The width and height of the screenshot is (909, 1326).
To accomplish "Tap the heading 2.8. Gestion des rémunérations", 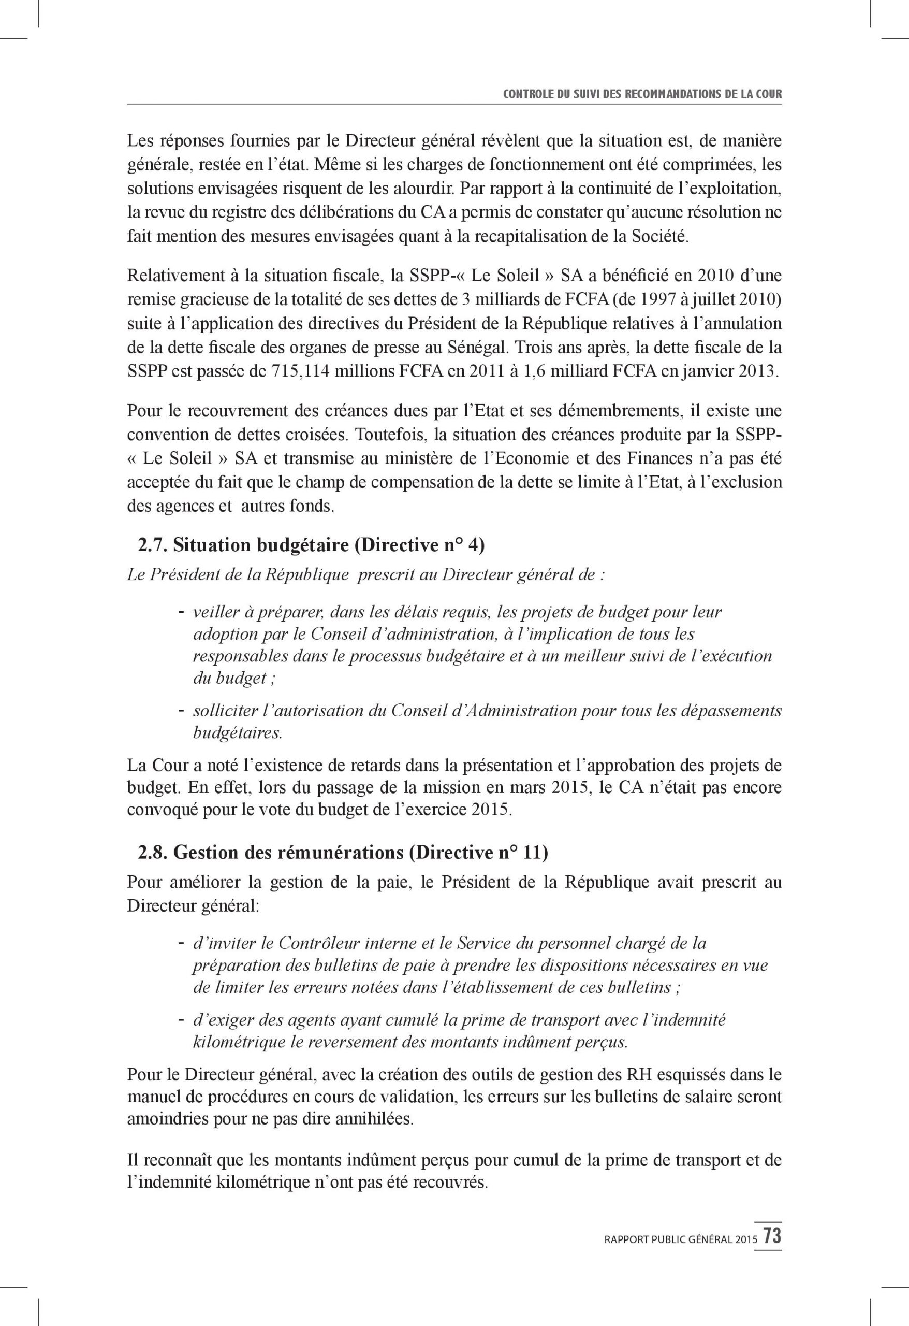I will tap(342, 853).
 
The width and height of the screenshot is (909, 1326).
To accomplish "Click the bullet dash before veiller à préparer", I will tap(180, 612).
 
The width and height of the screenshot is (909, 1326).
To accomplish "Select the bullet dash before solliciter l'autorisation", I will tap(180, 710).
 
